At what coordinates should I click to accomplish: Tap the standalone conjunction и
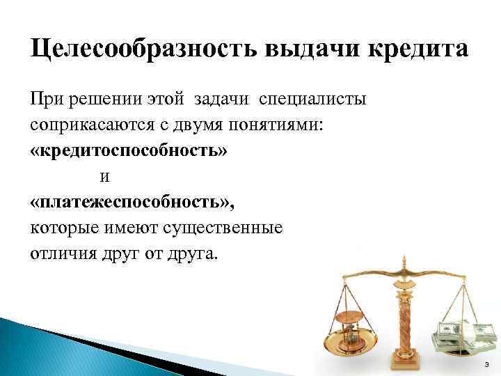tap(104, 176)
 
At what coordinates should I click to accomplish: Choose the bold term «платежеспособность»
tap(133, 201)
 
